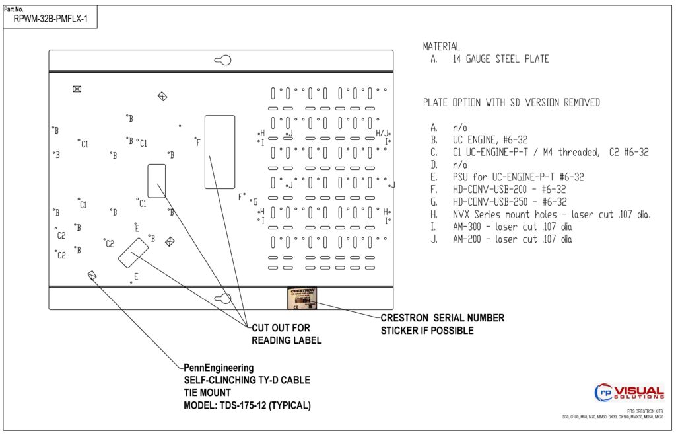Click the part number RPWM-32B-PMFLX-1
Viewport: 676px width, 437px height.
tap(51, 20)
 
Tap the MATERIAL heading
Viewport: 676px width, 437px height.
tap(442, 47)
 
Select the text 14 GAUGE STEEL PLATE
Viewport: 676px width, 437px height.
tap(500, 59)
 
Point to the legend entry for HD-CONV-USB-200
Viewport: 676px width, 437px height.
tap(509, 189)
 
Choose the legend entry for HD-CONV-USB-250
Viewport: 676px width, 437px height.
tap(509, 202)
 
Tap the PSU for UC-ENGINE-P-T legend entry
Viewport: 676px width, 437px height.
tap(518, 177)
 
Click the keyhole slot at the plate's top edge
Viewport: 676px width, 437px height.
tap(223, 61)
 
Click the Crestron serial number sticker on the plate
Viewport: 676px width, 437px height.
tap(300, 298)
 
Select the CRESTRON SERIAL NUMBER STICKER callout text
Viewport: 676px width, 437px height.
tap(442, 324)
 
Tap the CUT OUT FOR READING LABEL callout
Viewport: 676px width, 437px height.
tap(287, 334)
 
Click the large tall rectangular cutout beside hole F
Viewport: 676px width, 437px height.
tap(219, 151)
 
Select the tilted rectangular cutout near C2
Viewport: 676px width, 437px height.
tap(133, 253)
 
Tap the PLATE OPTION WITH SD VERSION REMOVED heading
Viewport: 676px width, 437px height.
tap(512, 102)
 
